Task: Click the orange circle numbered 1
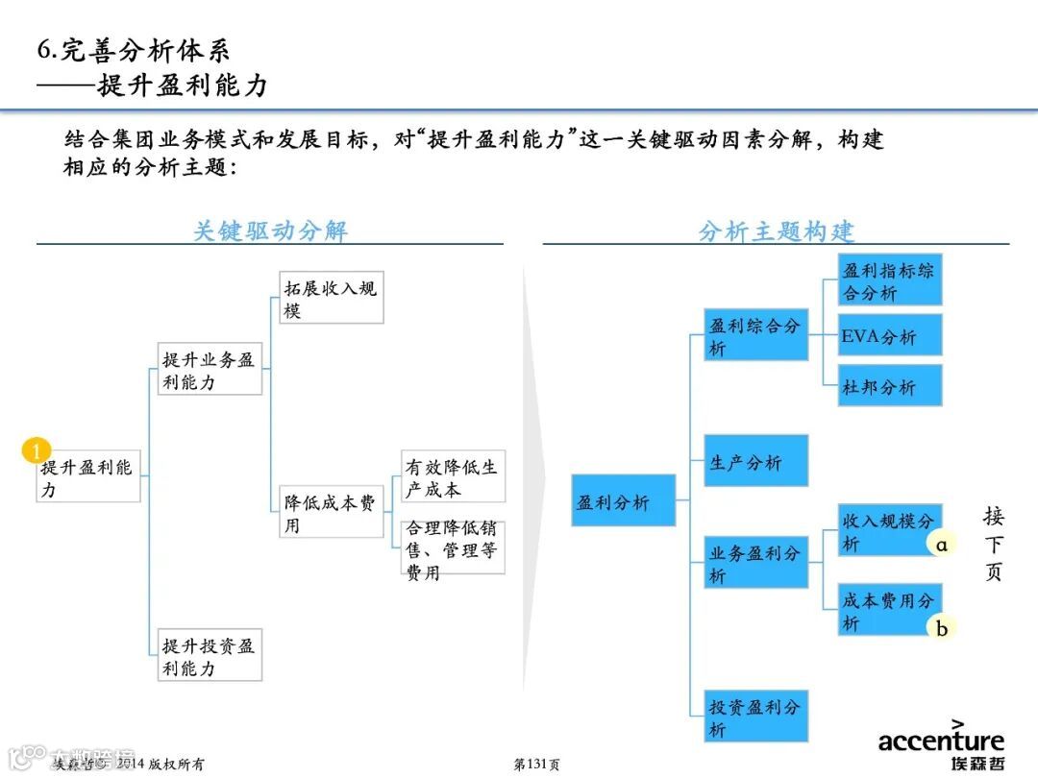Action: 36,450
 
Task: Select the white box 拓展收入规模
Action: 331,300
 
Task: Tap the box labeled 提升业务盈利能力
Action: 210,370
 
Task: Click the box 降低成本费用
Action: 331,514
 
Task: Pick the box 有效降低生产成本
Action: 453,477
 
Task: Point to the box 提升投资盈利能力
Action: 210,657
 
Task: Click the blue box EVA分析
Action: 890,336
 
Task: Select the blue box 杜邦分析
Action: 890,386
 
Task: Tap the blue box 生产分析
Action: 755,461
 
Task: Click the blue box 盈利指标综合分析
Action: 890,281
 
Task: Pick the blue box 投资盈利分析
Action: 755,717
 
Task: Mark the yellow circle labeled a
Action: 942,545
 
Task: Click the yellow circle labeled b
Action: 942,628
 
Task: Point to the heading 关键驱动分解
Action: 270,231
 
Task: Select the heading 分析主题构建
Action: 776,231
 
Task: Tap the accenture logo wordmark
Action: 941,741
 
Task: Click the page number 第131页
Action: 536,765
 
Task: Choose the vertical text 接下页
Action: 993,545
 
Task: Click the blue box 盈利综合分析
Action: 755,336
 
